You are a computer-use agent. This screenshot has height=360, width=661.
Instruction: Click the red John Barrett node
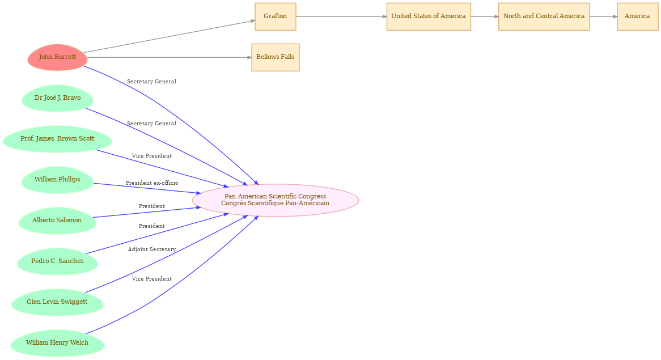point(57,57)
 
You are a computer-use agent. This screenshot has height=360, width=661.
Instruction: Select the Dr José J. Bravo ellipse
point(57,98)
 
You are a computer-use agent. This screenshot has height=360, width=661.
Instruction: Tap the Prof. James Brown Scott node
point(57,139)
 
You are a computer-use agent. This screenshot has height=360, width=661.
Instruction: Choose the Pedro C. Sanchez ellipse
point(57,261)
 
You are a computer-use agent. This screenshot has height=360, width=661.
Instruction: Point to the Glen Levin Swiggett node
point(57,302)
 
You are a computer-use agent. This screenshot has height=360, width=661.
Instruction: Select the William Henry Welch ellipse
point(57,343)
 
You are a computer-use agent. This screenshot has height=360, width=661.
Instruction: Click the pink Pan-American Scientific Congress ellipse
point(276,200)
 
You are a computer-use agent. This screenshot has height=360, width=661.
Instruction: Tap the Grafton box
point(276,16)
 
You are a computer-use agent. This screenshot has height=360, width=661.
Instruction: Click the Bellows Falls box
point(276,57)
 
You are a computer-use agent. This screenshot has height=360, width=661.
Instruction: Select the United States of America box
point(429,16)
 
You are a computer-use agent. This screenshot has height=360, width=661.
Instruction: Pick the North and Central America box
point(544,16)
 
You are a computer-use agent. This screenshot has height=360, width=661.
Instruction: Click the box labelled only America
point(637,16)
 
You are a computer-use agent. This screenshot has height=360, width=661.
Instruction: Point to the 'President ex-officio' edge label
point(152,183)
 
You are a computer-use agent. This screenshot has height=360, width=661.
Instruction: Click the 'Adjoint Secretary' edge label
point(152,249)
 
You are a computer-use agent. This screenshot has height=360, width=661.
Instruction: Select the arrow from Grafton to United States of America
point(341,17)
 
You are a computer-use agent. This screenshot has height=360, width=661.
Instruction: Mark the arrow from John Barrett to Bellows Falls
point(170,57)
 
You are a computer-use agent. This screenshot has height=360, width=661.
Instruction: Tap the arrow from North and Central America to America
point(603,17)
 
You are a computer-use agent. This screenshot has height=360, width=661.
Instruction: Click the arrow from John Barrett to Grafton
point(169,36)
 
